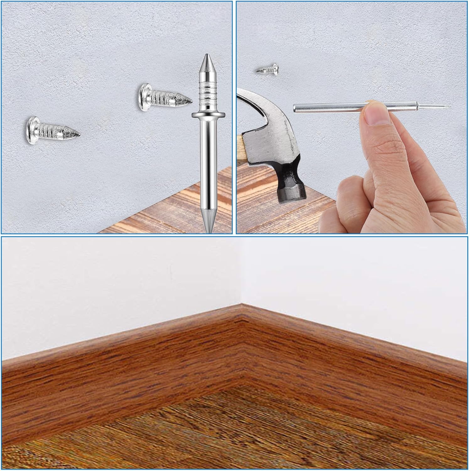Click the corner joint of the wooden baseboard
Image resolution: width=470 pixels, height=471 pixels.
(241, 317)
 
